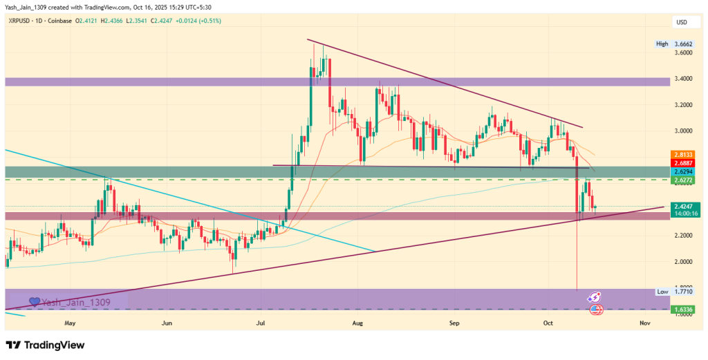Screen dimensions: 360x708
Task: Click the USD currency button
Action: pyautogui.click(x=682, y=23)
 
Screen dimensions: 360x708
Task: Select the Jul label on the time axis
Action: pyautogui.click(x=261, y=323)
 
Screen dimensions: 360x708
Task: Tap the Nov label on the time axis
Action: pyautogui.click(x=644, y=323)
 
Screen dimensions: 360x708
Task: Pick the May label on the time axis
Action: pyautogui.click(x=69, y=323)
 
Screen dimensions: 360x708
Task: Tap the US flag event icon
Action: pyautogui.click(x=595, y=310)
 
